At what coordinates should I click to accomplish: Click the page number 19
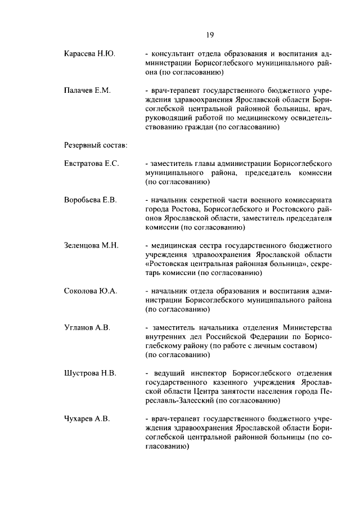coord(209,35)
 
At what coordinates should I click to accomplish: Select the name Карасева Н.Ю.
coord(89,54)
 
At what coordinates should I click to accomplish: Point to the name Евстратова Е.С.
coord(92,164)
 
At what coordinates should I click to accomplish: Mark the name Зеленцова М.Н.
coord(91,246)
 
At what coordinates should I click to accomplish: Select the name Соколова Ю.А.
coord(90,291)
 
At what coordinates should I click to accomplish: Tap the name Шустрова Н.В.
coord(90,373)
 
